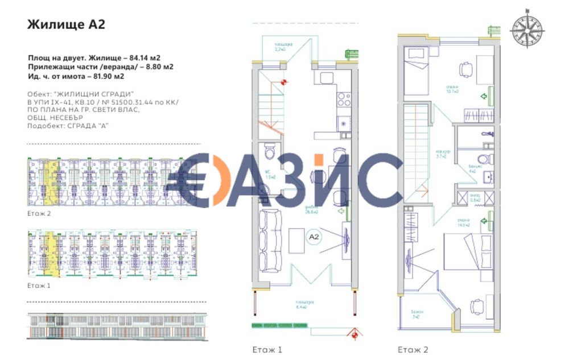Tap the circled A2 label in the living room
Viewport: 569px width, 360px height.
314,235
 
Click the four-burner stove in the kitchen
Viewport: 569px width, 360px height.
344,100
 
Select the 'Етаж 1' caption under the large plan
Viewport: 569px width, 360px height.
267,349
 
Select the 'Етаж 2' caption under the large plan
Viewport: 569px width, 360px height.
413,349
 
